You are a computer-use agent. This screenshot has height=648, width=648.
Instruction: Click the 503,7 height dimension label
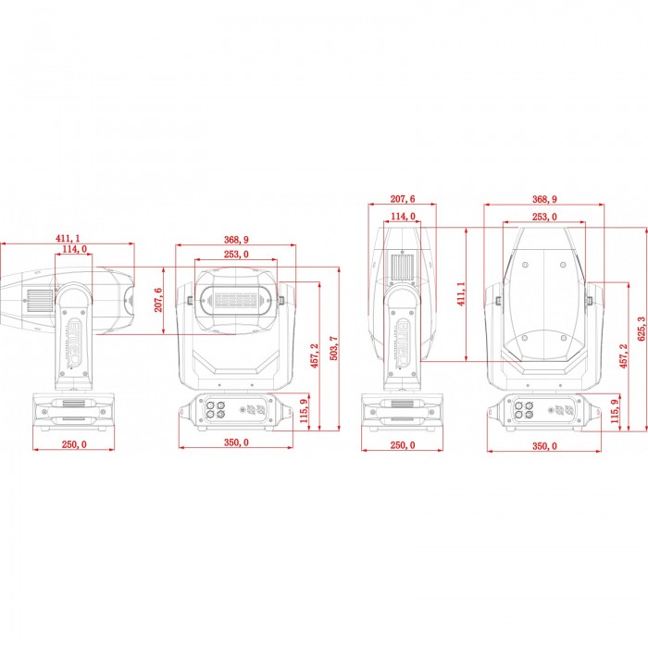tap(334, 348)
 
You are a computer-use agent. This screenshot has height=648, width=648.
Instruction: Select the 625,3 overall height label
tap(641, 329)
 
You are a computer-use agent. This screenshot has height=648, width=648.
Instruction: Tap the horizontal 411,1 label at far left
tap(68, 238)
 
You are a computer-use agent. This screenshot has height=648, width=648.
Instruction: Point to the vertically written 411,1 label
tap(461, 293)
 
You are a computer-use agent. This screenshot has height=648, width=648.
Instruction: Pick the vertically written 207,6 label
tap(158, 300)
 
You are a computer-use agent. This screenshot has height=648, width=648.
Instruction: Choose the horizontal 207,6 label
tap(403, 199)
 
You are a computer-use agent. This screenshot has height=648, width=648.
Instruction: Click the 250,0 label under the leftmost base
tap(74, 444)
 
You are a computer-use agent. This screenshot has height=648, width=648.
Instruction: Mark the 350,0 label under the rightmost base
tap(544, 446)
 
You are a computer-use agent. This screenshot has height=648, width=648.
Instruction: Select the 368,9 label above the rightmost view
tap(544, 199)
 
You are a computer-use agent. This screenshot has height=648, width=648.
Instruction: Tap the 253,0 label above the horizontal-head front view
tap(236, 255)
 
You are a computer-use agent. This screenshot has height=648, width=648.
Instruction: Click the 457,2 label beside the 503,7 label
tap(315, 355)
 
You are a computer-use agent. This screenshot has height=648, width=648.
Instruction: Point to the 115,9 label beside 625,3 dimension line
tap(616, 410)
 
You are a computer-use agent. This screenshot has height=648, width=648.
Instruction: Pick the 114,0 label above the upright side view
tap(403, 216)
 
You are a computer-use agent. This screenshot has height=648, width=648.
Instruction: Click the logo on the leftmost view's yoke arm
tap(75, 343)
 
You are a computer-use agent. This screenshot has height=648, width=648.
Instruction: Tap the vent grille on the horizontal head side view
tap(40, 301)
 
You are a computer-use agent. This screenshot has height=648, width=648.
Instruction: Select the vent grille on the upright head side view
tap(403, 268)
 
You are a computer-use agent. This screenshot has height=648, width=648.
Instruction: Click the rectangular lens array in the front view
tap(235, 301)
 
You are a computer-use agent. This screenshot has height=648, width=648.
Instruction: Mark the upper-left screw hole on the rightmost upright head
tap(525, 265)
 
